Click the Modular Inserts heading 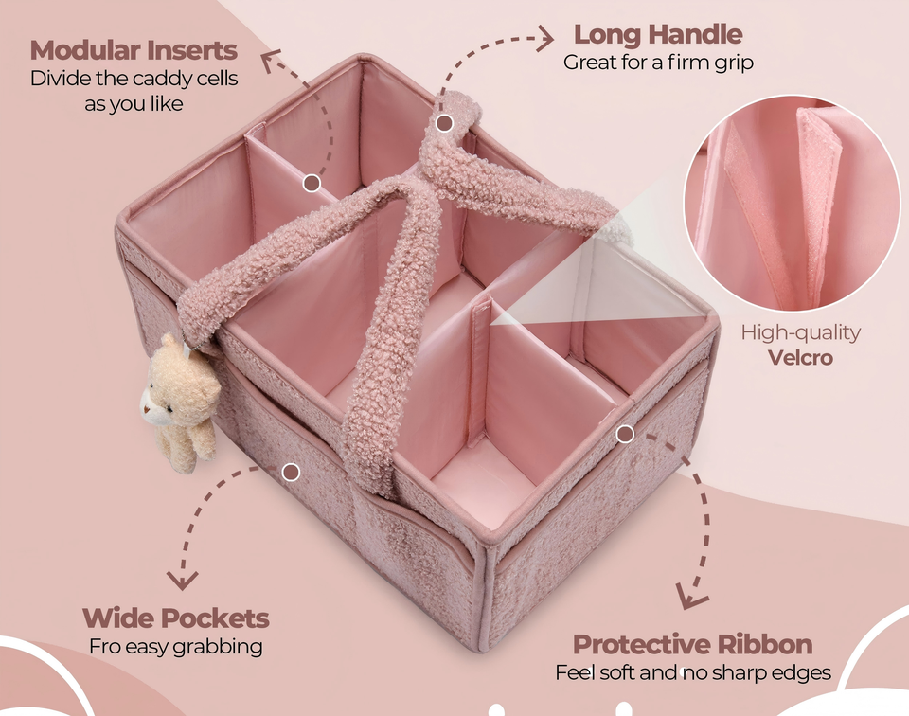tap(134, 49)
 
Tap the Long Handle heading tap(658, 35)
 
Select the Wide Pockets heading tap(175, 618)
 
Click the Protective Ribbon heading tap(692, 645)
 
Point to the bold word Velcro tap(800, 358)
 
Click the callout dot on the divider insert tap(312, 183)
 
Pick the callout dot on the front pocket tap(291, 471)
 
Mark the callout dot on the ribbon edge tap(624, 434)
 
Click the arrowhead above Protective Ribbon tap(691, 597)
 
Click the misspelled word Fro tap(103, 647)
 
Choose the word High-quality tap(800, 332)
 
